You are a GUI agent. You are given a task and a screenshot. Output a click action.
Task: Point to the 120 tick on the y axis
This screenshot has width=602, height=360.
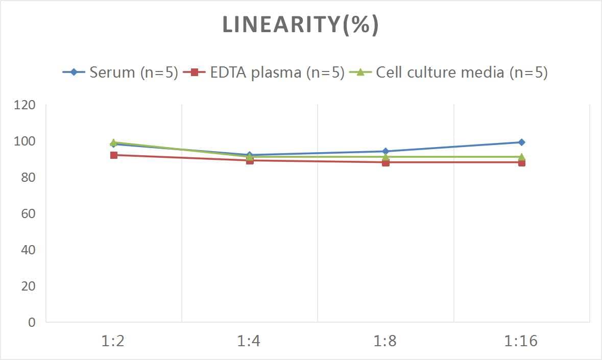[x=25, y=105]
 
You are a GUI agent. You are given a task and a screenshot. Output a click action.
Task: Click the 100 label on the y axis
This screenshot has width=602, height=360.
[x=25, y=141]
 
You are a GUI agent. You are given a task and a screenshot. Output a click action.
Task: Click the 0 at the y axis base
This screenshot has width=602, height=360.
[x=32, y=322]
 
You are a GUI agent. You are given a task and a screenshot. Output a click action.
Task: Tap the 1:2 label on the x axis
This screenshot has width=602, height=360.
[x=113, y=341]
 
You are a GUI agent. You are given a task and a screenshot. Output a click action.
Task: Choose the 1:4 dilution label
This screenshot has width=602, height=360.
[x=249, y=341]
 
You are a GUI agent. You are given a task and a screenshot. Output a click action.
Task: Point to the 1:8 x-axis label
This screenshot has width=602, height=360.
[x=386, y=341]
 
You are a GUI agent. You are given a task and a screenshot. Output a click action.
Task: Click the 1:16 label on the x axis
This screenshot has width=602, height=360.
[x=521, y=341]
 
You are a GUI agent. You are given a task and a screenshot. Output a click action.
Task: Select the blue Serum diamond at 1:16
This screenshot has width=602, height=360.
[x=521, y=142]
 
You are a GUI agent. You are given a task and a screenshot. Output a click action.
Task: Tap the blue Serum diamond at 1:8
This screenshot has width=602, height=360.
[x=386, y=151]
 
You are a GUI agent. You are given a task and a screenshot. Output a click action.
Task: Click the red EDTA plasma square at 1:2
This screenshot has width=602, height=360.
[x=113, y=155]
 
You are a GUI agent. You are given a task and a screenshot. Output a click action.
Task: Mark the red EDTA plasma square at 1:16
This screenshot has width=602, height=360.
[x=521, y=162]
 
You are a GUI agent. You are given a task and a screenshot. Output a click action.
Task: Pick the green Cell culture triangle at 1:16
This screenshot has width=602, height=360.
[x=521, y=157]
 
